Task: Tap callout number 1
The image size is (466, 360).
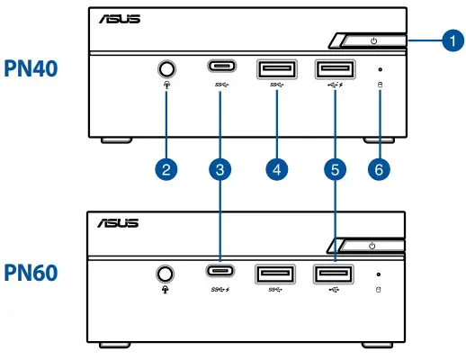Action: coord(453,40)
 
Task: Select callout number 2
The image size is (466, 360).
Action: coord(166,167)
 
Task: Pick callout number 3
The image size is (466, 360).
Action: coord(220,167)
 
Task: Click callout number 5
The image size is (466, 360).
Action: coord(335,167)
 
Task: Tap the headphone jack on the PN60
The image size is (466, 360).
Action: coord(165,273)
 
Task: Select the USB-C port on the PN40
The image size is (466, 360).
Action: coord(220,67)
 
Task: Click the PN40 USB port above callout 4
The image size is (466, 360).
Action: coord(276,68)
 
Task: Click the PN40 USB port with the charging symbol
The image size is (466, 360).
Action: coord(334,68)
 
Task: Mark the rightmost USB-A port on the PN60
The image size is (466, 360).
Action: coord(334,273)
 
